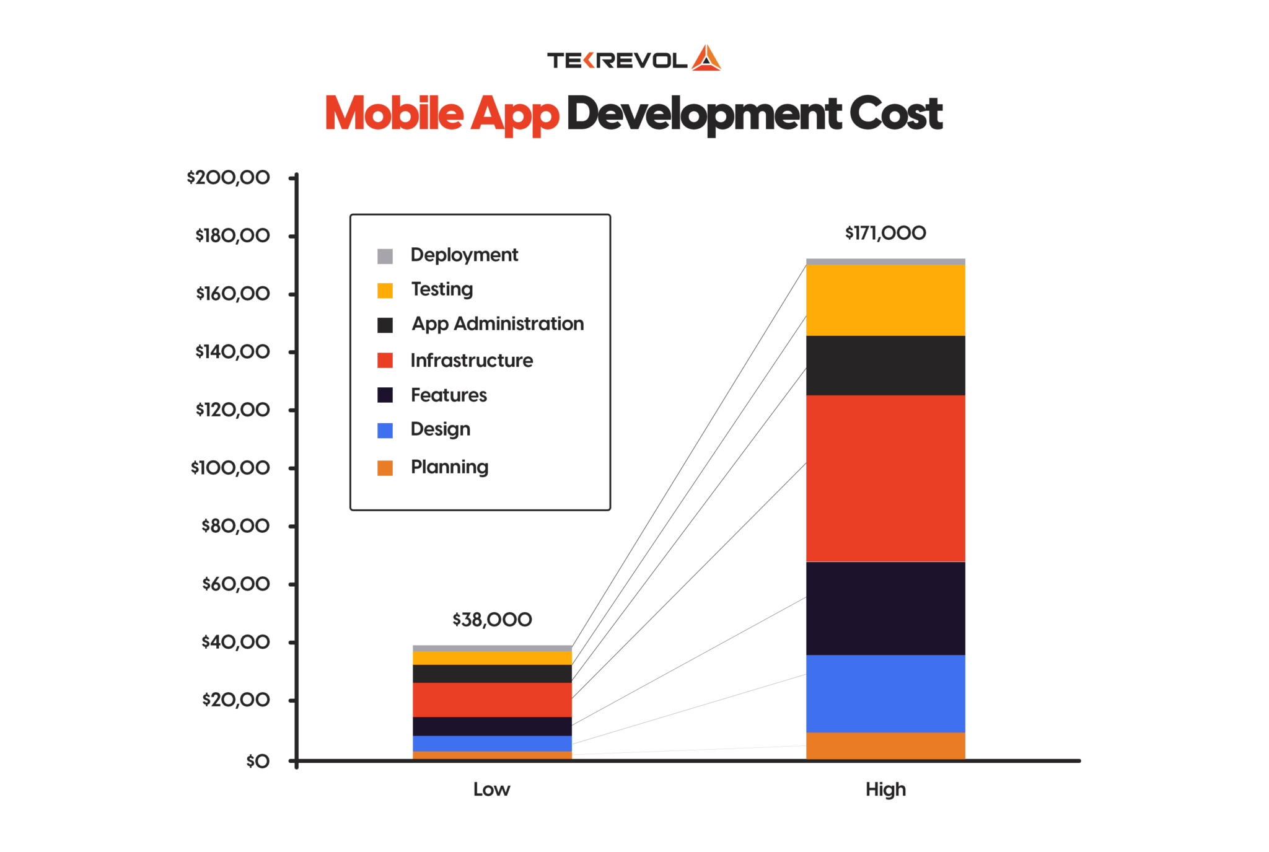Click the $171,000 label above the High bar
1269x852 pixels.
885,233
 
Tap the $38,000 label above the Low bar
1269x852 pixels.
492,620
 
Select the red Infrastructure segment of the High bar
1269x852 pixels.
885,478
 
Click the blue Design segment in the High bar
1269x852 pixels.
885,693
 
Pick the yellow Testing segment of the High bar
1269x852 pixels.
885,300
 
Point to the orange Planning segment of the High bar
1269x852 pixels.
885,745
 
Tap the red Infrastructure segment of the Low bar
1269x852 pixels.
492,700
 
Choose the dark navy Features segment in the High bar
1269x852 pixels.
885,608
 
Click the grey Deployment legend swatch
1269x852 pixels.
385,256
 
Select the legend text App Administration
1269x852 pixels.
498,324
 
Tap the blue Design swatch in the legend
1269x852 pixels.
385,431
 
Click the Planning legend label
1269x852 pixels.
449,467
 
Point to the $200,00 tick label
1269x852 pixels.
228,178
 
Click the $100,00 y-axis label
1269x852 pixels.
230,468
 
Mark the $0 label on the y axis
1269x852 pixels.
258,761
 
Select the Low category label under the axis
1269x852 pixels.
491,789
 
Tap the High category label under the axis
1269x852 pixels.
885,789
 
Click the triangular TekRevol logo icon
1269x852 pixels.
706,59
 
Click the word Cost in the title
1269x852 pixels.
895,114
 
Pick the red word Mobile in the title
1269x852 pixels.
394,114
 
